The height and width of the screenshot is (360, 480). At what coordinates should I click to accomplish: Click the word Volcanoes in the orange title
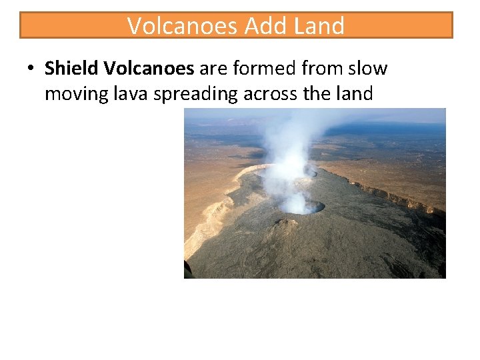[183, 26]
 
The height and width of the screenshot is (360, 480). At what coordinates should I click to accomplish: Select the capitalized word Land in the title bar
[319, 26]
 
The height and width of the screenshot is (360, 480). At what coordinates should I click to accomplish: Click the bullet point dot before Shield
[31, 69]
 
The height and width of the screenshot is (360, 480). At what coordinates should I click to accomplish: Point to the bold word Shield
[71, 68]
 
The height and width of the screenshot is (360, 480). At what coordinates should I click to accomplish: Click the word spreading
[195, 95]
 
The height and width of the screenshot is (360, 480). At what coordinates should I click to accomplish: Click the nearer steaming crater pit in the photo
[301, 207]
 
